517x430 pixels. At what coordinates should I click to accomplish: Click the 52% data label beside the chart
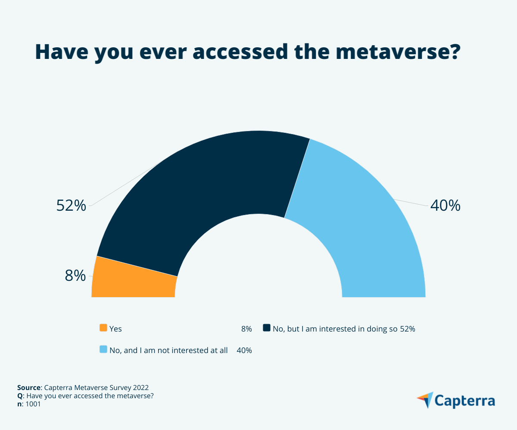72,206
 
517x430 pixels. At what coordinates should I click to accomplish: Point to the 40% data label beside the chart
445,206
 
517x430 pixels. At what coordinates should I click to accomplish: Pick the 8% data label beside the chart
75,276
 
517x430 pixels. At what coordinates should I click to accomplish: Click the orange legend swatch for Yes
103,328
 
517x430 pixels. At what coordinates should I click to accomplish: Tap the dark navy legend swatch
267,328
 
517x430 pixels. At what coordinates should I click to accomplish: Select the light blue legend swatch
103,350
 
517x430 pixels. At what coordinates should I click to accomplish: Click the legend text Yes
115,329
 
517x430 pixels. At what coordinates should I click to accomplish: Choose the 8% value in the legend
246,329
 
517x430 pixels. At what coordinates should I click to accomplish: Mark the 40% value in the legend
244,350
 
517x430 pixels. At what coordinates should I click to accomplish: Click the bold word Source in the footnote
28,387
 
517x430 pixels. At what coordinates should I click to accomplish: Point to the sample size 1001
34,404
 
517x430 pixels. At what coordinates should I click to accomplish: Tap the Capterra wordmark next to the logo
464,401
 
